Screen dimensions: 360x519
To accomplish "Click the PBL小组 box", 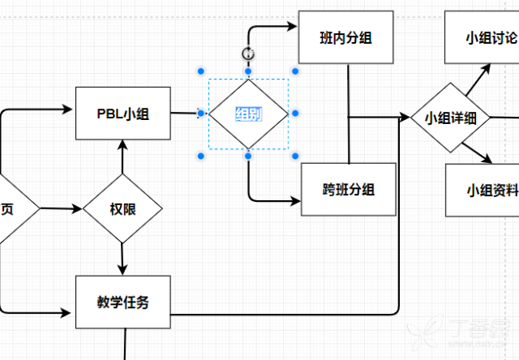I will (124, 114).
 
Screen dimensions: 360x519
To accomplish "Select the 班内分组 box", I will (346, 37).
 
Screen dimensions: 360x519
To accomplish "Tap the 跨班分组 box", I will (349, 190).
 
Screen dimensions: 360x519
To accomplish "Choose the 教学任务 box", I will (123, 302).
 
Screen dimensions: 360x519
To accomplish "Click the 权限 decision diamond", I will (122, 208).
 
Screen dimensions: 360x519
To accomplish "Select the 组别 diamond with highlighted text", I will (248, 114).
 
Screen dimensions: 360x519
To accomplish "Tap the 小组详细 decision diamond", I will (449, 118).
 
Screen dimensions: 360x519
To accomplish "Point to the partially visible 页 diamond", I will (10, 208).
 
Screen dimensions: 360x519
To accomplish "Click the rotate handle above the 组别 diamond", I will (248, 54).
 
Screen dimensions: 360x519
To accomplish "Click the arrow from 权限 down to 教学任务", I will (122, 260).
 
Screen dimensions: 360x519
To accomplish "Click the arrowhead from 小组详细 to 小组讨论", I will (489, 68).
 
